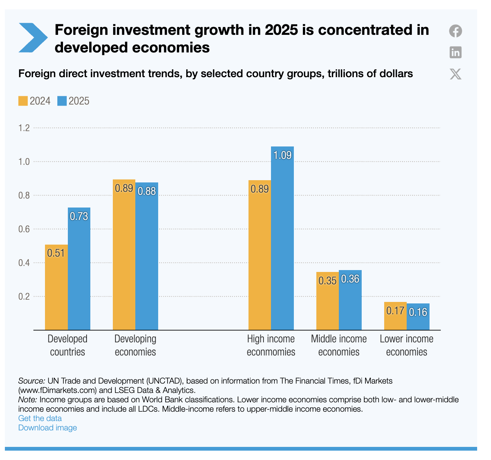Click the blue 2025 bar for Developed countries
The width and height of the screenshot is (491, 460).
click(79, 269)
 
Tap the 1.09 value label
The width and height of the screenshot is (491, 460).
click(282, 155)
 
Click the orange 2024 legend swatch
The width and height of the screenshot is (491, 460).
click(23, 101)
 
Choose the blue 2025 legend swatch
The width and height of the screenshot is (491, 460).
click(62, 101)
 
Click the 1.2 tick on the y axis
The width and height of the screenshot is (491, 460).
click(24, 128)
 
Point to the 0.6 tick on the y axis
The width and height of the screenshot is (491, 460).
click(24, 229)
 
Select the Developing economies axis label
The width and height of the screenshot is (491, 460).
click(135, 345)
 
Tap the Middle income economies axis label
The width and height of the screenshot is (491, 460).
click(339, 345)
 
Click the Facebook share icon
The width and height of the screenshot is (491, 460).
click(455, 31)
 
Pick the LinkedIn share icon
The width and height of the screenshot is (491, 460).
click(455, 52)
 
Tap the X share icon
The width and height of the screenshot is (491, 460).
click(455, 74)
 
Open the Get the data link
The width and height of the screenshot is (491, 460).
click(40, 418)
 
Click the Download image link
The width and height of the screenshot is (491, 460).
click(48, 428)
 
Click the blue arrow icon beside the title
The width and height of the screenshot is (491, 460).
click(33, 37)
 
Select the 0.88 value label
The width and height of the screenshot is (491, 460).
click(147, 191)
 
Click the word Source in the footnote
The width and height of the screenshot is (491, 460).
click(31, 381)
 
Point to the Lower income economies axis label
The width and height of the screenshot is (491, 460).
click(407, 345)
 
